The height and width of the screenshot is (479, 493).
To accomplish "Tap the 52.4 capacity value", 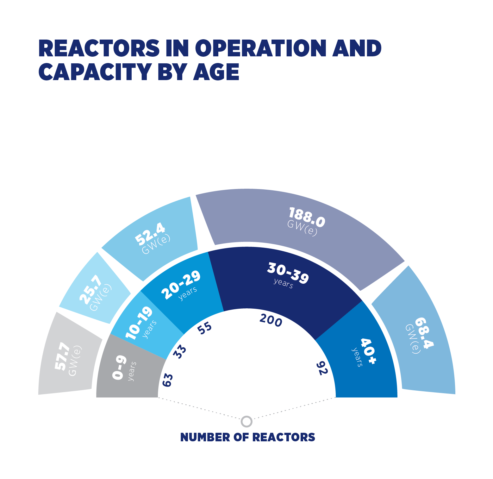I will coord(150,234).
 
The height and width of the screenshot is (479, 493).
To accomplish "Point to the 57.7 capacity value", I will coord(62,356).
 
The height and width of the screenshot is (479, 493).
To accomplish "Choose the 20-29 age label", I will coord(181,285).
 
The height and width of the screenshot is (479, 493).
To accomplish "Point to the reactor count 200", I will coord(271,320).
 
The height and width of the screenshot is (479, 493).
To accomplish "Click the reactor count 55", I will coord(204,328).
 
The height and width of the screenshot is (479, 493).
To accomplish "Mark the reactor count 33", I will coord(180,351).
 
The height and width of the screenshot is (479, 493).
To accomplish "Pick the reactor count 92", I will coord(322,368).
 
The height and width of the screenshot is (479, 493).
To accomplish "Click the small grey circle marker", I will coord(247,421).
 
